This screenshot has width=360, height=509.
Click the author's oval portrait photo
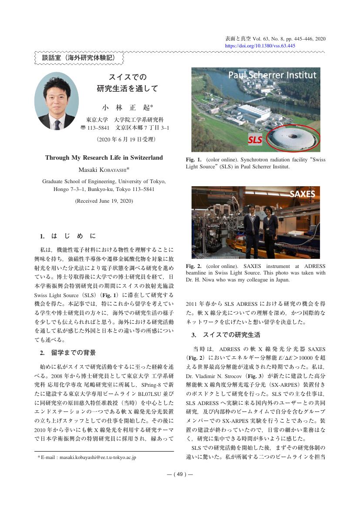tap(57, 101)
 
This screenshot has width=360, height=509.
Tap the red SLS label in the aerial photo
tap(256, 140)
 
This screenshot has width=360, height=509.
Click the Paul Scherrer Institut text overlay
tap(273, 75)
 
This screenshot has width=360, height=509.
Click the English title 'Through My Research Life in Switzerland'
tap(104, 157)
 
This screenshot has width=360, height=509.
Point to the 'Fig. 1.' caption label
tap(194, 160)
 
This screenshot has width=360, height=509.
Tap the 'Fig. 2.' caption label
tap(194, 266)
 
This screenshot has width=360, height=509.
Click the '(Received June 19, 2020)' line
tap(104, 201)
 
